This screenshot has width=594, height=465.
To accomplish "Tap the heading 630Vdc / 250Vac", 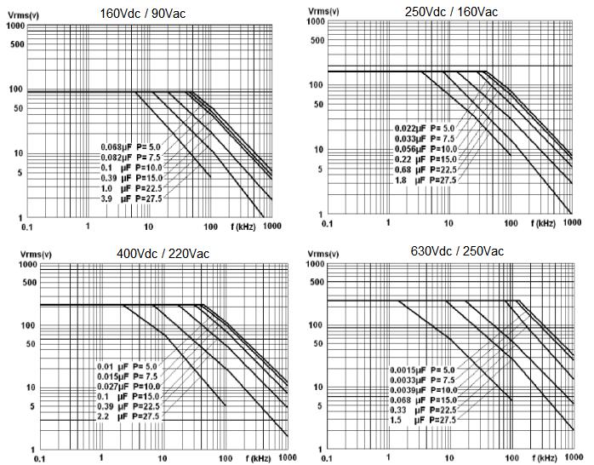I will click(457, 251).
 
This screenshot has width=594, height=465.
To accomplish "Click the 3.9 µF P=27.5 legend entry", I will click(131, 198).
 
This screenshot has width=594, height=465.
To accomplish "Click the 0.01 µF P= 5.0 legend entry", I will click(129, 366).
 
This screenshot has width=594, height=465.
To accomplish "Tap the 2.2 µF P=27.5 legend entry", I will click(129, 416).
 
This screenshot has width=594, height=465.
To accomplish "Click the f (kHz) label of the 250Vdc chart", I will click(540, 224).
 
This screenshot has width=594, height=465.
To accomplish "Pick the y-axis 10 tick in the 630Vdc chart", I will click(317, 387).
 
